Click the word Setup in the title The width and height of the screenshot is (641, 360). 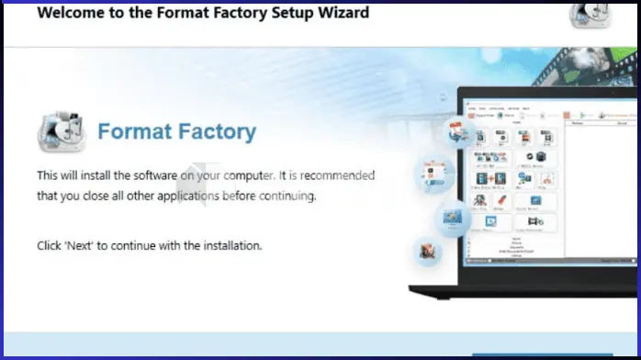275,14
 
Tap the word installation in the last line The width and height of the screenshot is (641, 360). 230,245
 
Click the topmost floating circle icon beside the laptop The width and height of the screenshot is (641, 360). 458,133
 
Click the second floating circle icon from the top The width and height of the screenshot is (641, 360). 434,172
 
